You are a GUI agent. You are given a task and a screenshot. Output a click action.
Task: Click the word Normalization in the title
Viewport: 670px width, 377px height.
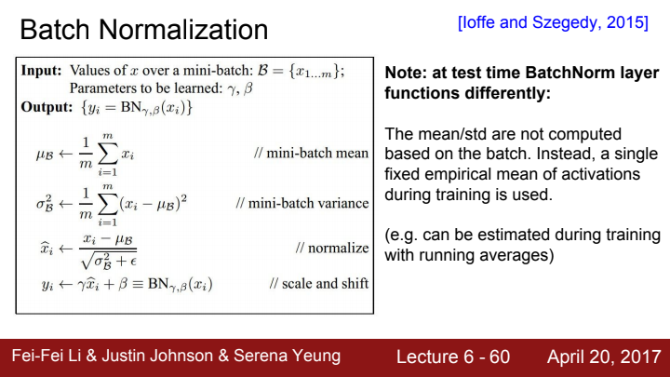point(183,30)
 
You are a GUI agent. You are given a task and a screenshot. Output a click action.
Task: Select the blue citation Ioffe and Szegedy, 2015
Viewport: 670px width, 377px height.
point(553,22)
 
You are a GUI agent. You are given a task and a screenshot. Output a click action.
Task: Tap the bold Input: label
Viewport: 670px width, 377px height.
point(42,70)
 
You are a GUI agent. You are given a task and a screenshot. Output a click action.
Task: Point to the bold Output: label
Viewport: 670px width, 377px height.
point(47,106)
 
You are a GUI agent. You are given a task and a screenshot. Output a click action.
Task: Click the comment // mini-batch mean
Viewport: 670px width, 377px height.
point(311,153)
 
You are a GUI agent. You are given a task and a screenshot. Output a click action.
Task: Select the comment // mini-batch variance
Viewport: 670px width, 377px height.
point(302,203)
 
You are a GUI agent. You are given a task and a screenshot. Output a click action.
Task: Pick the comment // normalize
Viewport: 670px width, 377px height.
point(332,248)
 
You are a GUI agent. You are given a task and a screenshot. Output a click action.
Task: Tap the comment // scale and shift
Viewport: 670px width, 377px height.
point(319,283)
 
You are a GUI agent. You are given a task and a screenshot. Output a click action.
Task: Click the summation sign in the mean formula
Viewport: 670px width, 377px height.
point(107,155)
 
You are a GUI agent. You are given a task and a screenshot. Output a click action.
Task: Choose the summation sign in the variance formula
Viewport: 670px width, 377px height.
point(107,204)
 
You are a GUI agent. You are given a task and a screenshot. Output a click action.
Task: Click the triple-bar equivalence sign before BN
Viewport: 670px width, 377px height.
point(138,284)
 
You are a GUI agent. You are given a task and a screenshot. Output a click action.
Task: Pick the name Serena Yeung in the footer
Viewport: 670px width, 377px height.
point(287,356)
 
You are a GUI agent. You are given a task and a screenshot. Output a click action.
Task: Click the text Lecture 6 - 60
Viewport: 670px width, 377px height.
point(453,357)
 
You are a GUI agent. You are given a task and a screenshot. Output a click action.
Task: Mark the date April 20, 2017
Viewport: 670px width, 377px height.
point(604,357)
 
